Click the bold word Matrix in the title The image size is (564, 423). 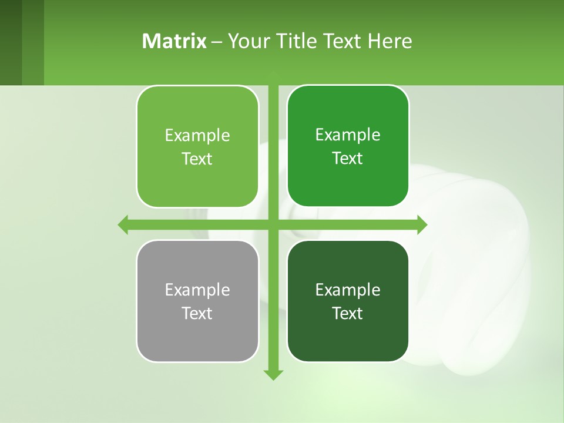[174, 41]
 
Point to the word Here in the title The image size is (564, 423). [390, 41]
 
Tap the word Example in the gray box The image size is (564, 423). [197, 290]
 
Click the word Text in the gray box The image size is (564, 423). [197, 313]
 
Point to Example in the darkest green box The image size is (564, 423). [348, 290]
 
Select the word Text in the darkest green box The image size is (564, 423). [348, 313]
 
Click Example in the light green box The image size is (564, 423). [197, 135]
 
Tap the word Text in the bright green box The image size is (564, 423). [348, 158]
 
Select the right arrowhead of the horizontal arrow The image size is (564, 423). [422, 224]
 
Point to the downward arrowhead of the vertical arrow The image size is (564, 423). [273, 374]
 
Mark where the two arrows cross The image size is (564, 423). [273, 224]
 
